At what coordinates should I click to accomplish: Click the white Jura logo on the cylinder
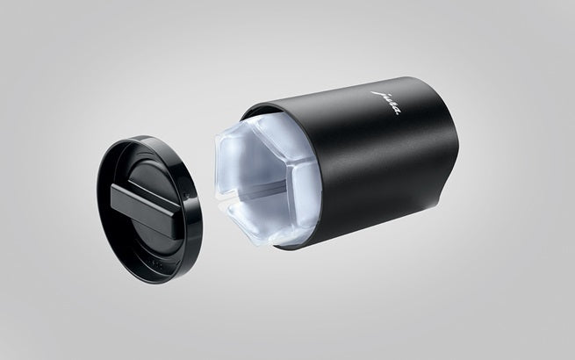click(387, 103)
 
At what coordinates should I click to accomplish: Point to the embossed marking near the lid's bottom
click(155, 263)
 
